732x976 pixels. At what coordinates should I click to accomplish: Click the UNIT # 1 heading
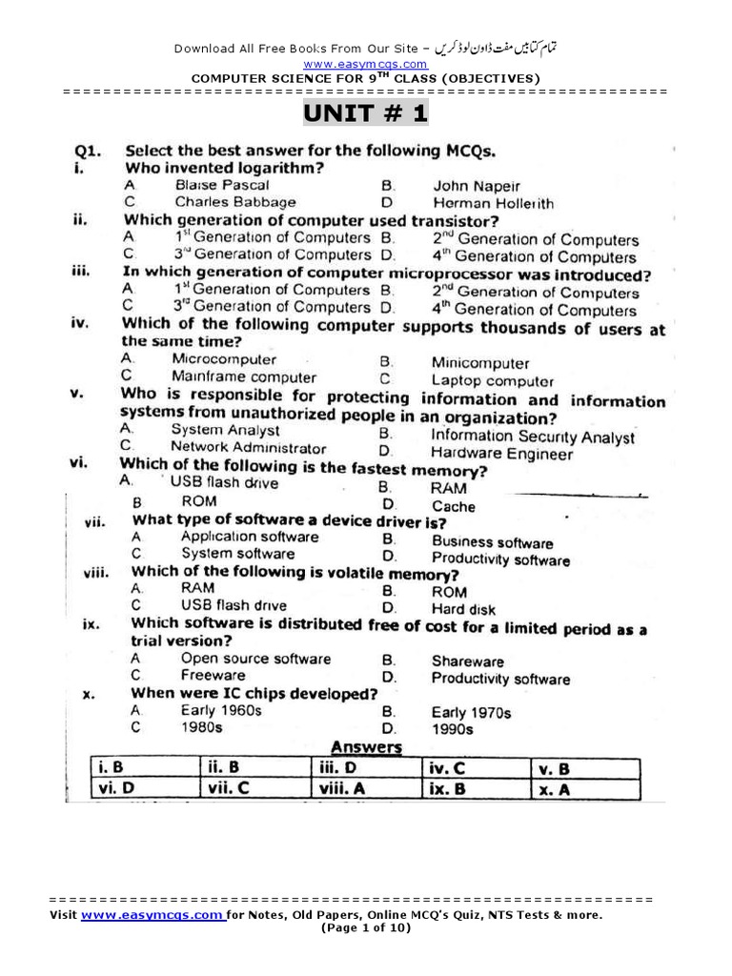point(366,114)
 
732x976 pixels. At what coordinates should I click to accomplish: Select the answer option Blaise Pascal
point(221,185)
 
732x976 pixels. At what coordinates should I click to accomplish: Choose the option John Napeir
point(476,187)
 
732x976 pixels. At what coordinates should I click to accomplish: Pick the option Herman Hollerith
point(492,203)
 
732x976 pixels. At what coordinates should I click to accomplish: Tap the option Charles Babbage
point(234,202)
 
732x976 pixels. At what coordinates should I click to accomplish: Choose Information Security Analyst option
point(532,437)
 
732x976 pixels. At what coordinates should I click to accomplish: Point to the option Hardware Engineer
point(501,454)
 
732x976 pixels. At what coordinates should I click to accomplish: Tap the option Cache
point(453,506)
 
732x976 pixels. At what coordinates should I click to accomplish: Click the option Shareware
point(467,661)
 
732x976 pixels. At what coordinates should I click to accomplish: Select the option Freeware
point(213,676)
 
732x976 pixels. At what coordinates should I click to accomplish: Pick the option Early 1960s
point(221,711)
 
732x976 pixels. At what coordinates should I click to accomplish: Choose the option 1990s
point(452,729)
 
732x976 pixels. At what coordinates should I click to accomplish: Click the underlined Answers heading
point(365,747)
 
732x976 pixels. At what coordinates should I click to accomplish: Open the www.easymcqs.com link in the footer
point(152,915)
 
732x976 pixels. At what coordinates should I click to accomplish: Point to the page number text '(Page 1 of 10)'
point(366,927)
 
